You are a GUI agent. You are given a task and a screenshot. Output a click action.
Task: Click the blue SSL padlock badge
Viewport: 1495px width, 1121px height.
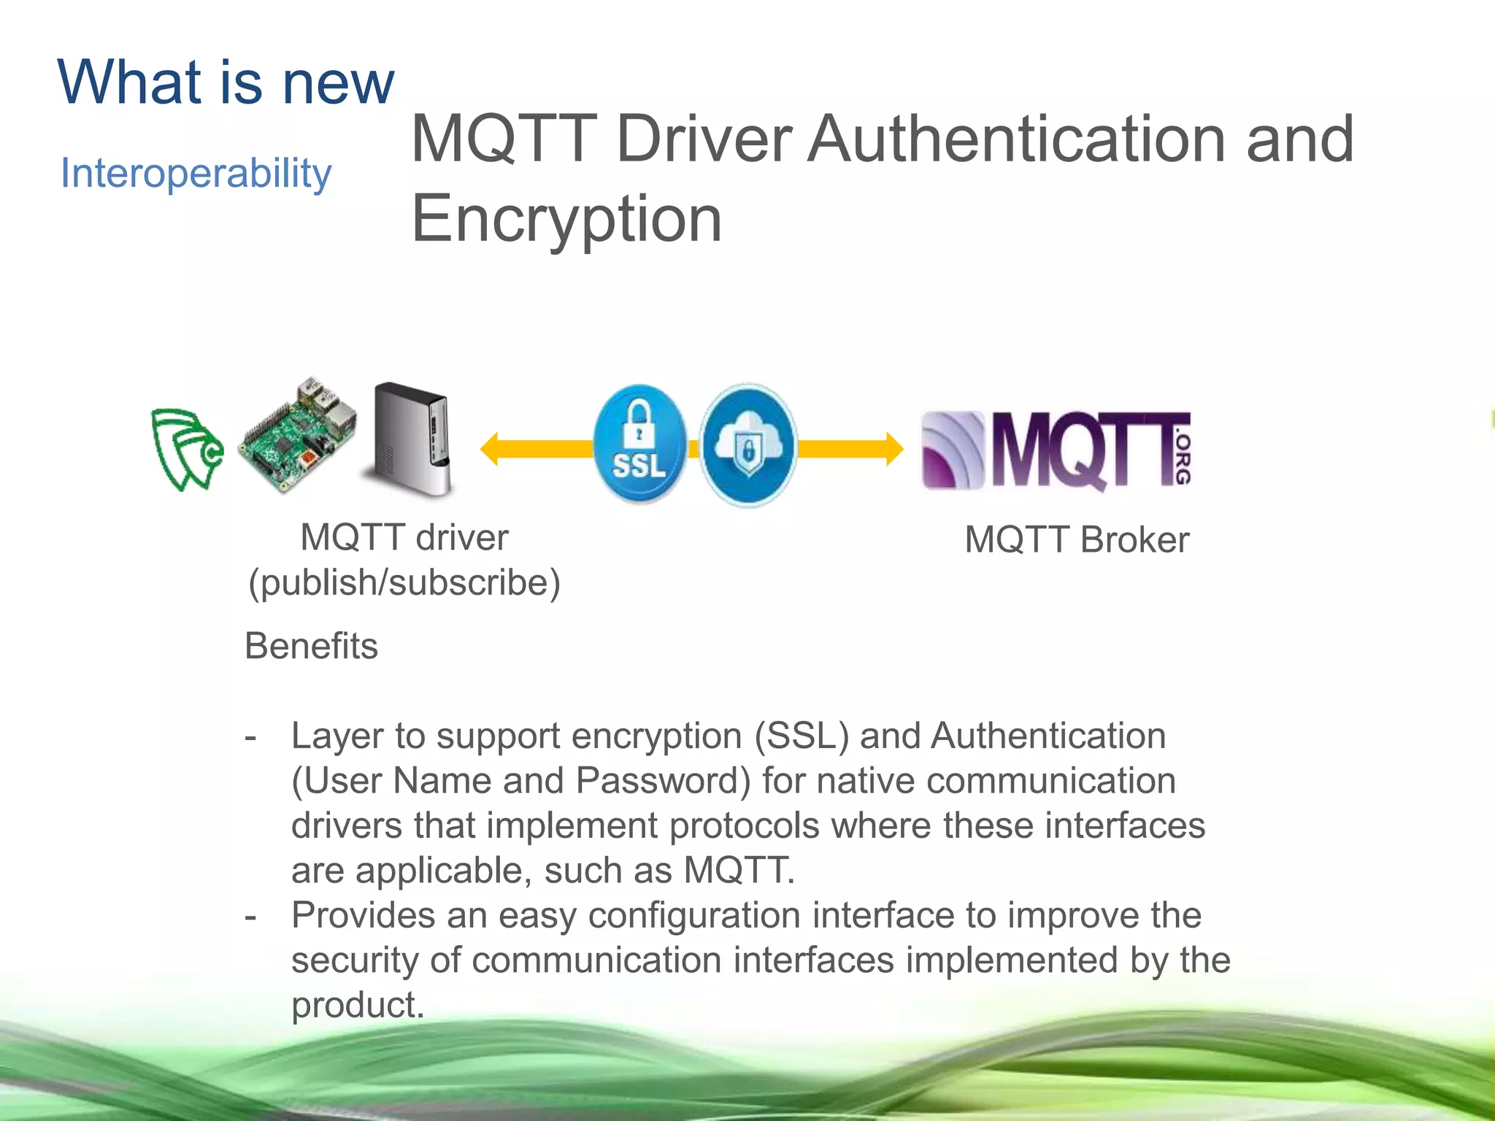click(x=639, y=444)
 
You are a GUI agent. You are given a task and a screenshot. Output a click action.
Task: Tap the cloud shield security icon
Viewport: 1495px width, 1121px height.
click(x=747, y=445)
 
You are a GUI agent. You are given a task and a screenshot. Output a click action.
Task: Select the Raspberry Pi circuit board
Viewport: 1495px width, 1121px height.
click(x=298, y=436)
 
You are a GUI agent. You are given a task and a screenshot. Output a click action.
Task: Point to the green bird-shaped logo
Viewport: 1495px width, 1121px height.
click(x=186, y=449)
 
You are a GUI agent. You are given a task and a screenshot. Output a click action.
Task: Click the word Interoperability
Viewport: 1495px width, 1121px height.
click(x=196, y=174)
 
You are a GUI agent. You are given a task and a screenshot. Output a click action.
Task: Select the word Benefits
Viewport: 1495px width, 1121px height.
click(x=311, y=646)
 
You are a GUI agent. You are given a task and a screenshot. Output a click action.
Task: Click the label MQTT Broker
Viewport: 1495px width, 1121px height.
click(x=1077, y=540)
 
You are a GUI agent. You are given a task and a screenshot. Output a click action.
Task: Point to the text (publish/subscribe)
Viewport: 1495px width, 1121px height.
click(x=404, y=582)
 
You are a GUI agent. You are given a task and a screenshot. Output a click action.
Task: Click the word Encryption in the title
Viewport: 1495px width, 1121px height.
click(x=566, y=218)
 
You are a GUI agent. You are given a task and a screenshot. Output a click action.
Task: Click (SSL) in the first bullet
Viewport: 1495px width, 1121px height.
click(x=802, y=736)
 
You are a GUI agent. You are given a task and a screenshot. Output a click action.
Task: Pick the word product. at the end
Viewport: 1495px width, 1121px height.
click(x=358, y=1005)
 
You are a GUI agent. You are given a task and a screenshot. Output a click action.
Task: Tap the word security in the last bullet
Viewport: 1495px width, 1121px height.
click(x=355, y=960)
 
